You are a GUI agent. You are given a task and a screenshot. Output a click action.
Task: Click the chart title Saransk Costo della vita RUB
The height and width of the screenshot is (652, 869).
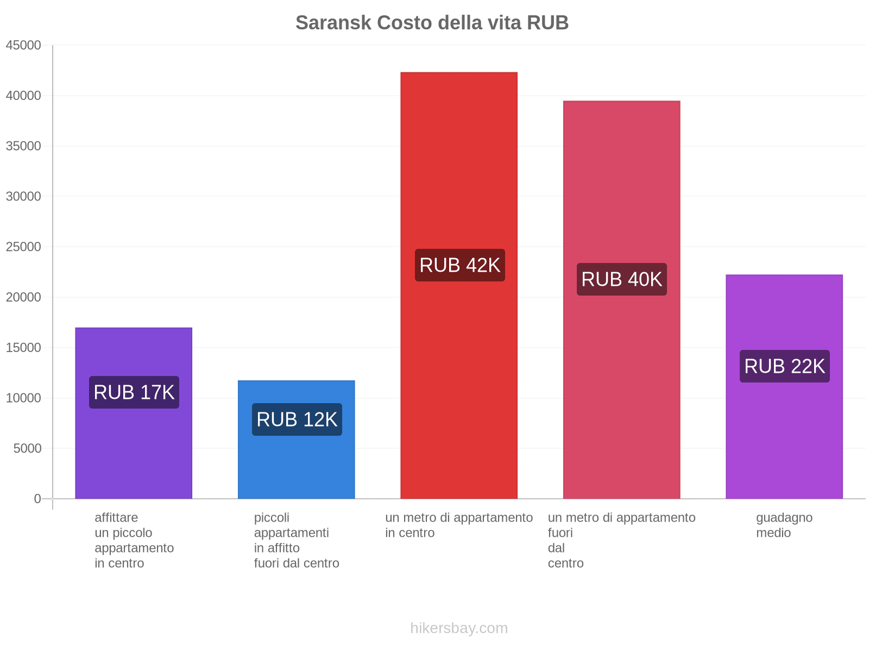[x=432, y=23]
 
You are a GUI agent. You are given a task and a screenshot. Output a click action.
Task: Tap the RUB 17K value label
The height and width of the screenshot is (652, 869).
[x=134, y=392]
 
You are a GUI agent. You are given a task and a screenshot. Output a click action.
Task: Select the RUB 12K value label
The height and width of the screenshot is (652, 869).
[x=297, y=419]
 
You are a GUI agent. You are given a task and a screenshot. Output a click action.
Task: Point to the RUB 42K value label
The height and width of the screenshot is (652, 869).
[x=459, y=265]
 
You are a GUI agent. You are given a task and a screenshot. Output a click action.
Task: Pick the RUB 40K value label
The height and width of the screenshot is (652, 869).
[x=621, y=279]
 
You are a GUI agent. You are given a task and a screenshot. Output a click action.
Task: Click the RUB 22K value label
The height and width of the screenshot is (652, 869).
[x=784, y=366]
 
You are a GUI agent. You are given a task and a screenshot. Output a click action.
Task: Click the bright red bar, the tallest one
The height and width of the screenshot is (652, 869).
[x=459, y=163]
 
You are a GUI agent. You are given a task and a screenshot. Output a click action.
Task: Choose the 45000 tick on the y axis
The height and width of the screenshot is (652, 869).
[x=23, y=46]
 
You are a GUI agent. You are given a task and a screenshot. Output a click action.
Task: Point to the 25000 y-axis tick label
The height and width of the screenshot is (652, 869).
[x=23, y=247]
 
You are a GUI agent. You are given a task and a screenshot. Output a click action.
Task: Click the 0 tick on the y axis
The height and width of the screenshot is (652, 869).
[x=37, y=499]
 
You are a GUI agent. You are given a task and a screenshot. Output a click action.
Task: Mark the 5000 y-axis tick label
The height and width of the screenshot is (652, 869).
[x=27, y=449]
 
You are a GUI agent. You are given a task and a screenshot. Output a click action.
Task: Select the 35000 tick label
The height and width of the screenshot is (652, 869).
[x=23, y=146]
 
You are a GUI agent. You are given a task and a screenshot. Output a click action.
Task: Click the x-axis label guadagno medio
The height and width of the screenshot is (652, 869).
[x=784, y=525]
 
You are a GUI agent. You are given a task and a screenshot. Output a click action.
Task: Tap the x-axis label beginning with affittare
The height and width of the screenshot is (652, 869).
[x=134, y=540]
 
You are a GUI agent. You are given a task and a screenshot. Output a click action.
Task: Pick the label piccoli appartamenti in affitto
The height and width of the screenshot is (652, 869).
[x=297, y=540]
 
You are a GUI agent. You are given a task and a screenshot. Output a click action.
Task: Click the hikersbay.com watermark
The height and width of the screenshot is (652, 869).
[x=459, y=628]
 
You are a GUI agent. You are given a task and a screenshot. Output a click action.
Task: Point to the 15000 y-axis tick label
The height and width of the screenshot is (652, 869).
[x=23, y=348]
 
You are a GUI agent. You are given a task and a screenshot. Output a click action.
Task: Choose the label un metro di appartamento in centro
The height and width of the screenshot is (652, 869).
[x=459, y=525]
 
